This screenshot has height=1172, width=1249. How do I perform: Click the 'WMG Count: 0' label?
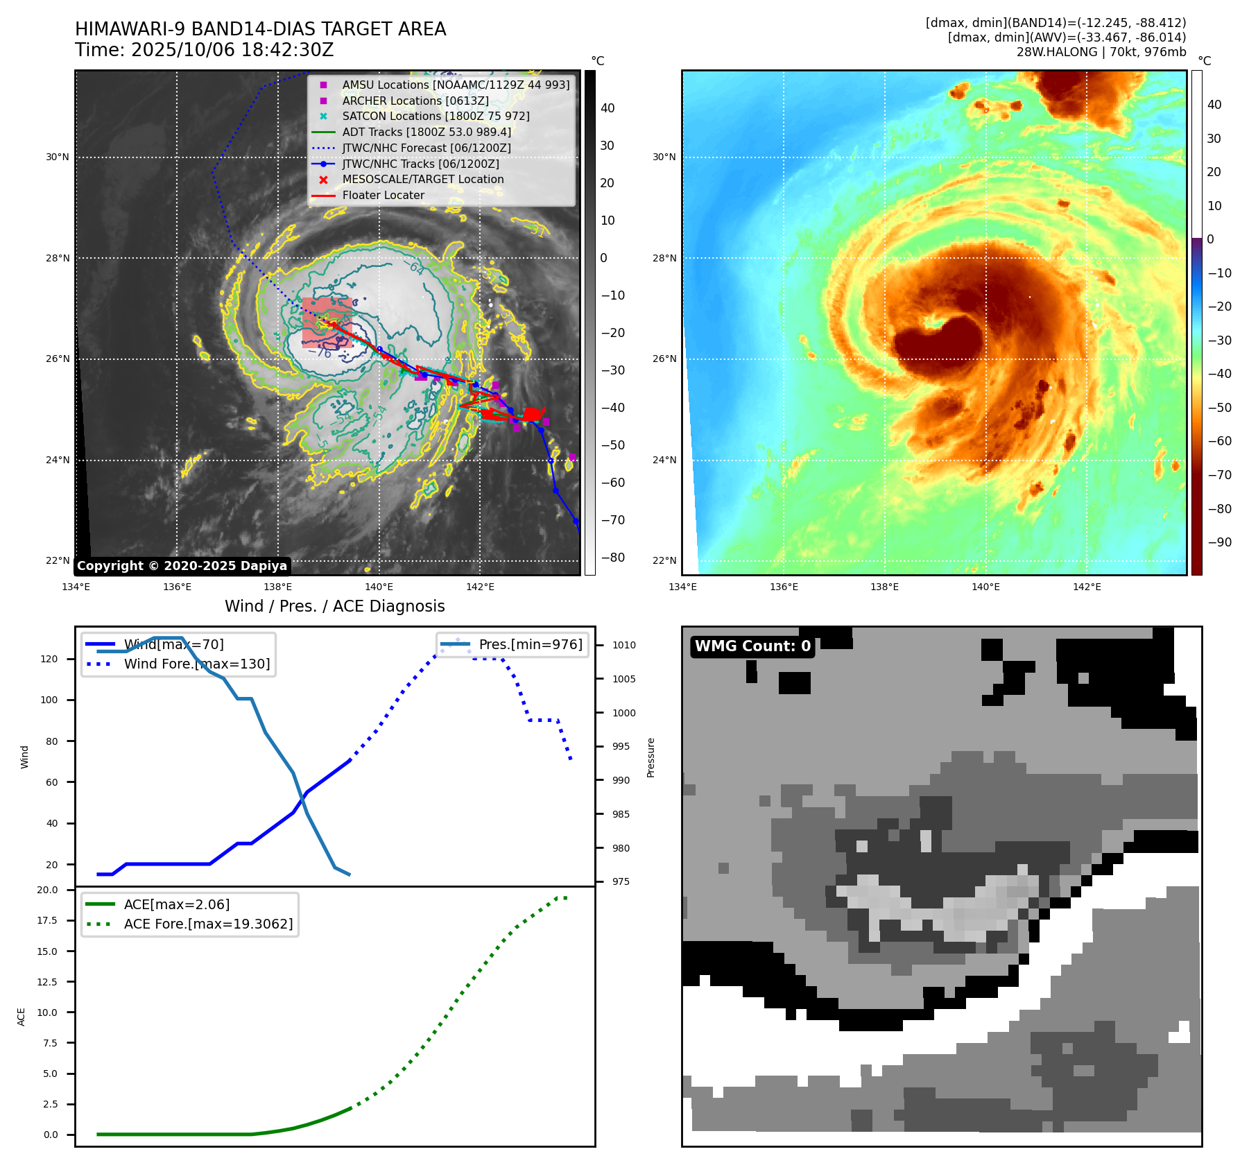pos(752,646)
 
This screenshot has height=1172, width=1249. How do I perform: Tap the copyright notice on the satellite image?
pos(182,566)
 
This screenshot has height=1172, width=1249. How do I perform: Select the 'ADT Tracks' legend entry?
pos(426,132)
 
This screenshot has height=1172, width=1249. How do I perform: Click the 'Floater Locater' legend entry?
pos(383,196)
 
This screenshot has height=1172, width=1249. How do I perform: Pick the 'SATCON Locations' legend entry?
pos(435,117)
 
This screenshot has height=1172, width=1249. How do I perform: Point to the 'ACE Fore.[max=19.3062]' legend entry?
pos(208,924)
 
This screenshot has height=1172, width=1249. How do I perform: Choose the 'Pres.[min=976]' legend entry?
pos(531,645)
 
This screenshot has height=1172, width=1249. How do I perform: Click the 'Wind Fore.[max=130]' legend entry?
pos(197,664)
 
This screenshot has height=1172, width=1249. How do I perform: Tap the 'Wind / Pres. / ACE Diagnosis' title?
pos(335,607)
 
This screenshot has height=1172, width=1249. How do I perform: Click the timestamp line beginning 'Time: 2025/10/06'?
pos(205,51)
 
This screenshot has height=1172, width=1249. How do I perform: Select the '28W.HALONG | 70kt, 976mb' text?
pos(1101,52)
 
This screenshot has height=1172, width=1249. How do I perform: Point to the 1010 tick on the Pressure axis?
pos(623,646)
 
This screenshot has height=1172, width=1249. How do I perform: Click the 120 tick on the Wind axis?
pos(49,660)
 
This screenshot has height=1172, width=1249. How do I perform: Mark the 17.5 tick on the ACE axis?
pos(47,921)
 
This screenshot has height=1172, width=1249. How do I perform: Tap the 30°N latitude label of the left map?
pos(58,157)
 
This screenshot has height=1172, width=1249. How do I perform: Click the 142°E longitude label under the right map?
pos(1087,587)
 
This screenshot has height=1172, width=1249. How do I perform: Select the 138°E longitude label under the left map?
pos(278,587)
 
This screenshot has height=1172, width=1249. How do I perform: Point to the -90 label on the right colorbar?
pos(1219,542)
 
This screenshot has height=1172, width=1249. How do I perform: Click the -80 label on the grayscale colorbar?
pos(612,558)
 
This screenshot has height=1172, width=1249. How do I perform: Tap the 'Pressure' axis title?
pos(651,757)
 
